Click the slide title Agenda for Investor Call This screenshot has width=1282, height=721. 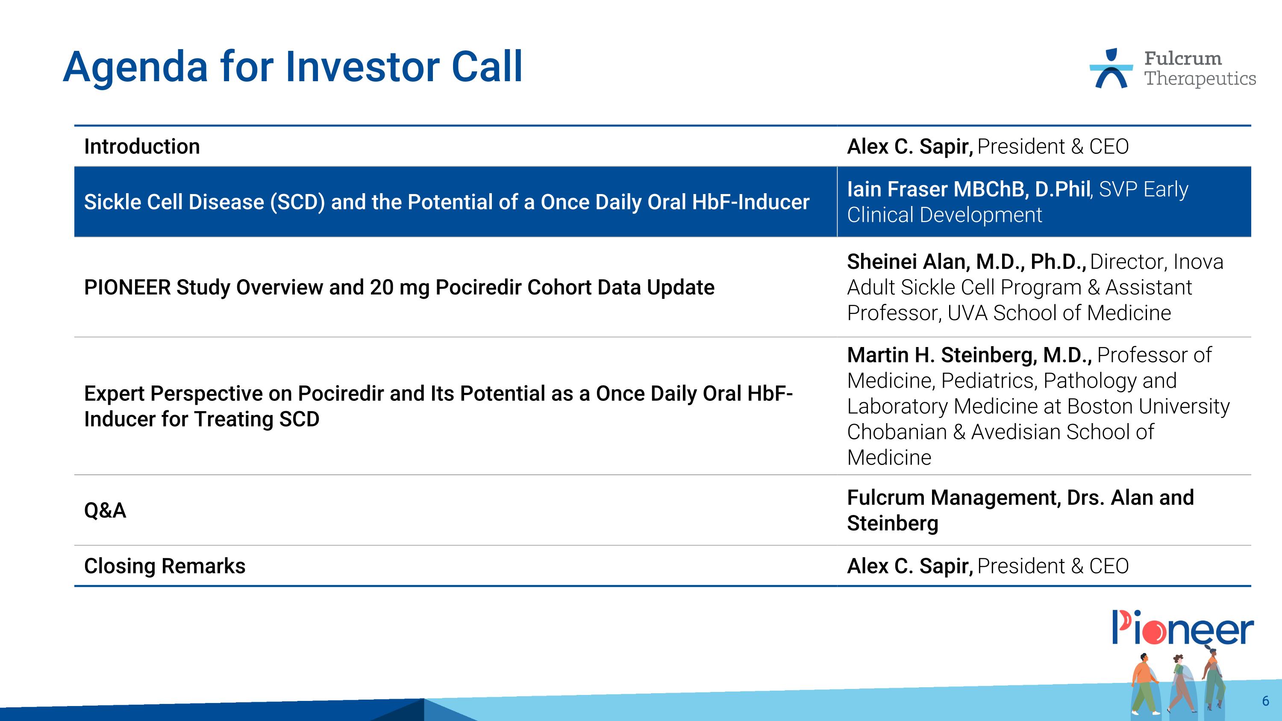293,67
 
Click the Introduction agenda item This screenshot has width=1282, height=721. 142,147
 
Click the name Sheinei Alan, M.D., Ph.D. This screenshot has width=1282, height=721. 966,262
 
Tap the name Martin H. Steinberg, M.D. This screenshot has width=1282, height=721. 969,355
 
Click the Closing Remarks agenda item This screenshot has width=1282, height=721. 165,566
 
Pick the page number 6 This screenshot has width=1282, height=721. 1265,701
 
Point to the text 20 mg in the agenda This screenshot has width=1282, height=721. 399,288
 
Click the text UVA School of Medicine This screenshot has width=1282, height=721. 1059,313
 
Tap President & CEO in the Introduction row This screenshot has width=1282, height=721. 1053,147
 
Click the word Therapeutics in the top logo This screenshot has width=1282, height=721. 1200,79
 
